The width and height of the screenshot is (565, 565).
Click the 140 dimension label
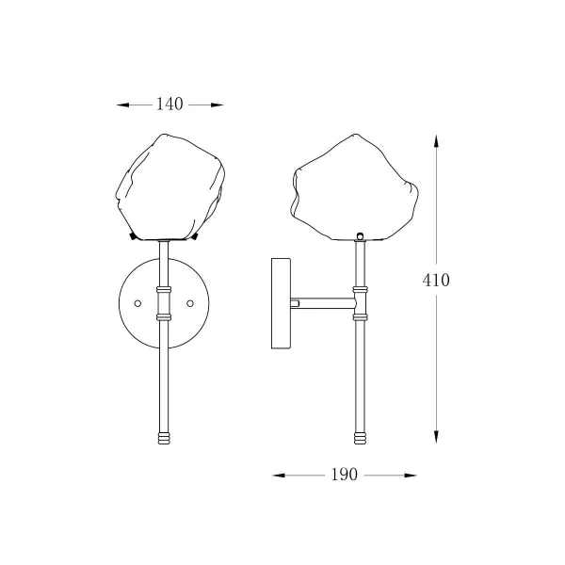(x=169, y=104)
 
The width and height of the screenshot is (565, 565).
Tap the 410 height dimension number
(x=436, y=280)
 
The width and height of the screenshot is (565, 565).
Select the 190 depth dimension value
(x=344, y=475)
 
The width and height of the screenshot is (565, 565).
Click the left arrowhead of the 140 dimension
(x=122, y=105)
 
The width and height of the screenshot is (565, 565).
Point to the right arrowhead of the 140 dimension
(x=217, y=105)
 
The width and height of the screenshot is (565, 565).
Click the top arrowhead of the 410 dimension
(x=436, y=141)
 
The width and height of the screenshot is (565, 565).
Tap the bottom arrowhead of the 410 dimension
(x=436, y=437)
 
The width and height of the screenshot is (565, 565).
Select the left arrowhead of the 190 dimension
(x=279, y=476)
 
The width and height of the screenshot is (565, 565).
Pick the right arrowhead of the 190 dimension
(x=411, y=476)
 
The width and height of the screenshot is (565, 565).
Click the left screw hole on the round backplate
(x=137, y=303)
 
